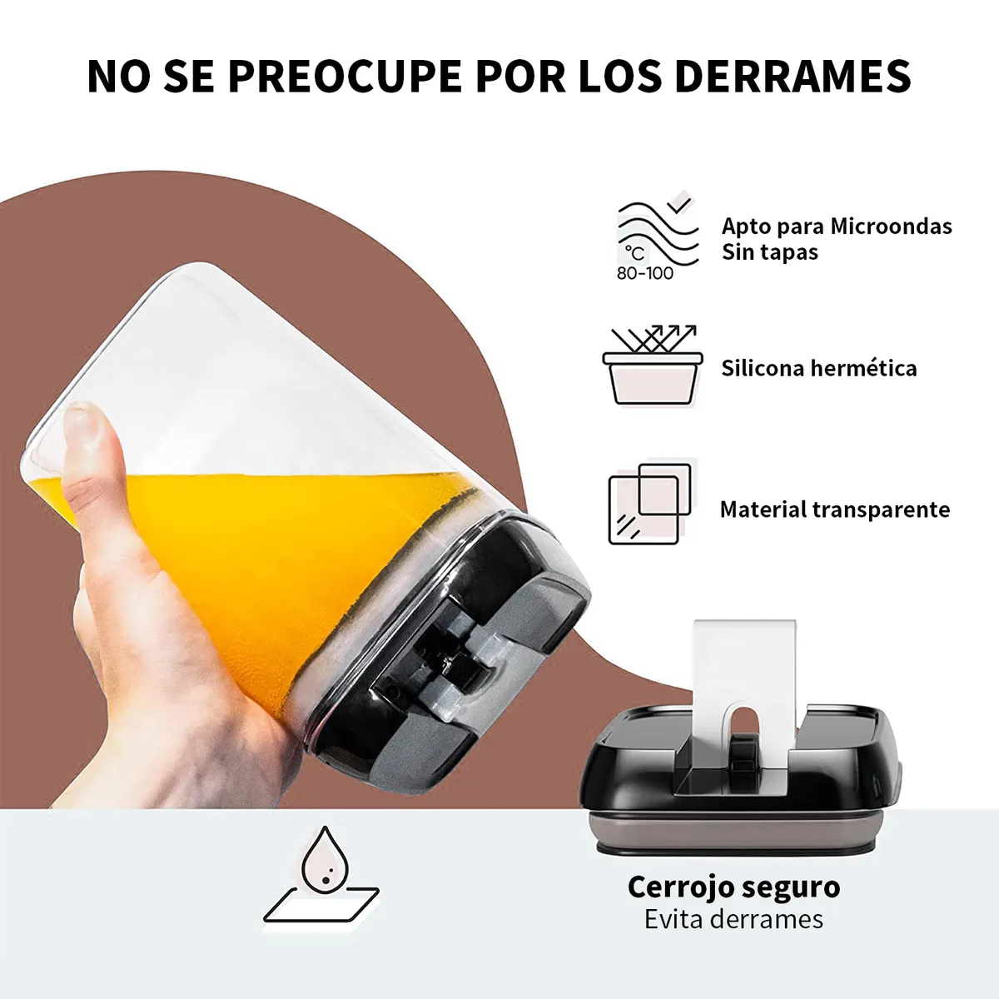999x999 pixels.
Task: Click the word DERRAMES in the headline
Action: [x=793, y=77]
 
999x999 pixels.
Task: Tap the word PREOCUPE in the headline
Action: [x=345, y=77]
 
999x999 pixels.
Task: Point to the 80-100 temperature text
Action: [x=645, y=273]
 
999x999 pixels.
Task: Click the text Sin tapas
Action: [x=770, y=252]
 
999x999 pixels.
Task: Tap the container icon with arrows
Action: [x=652, y=366]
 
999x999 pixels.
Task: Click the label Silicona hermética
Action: [x=819, y=368]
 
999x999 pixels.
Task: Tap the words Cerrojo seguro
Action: [x=733, y=887]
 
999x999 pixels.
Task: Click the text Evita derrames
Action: [x=733, y=919]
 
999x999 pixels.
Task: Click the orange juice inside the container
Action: [x=250, y=541]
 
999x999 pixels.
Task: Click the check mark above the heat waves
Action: [x=680, y=202]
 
